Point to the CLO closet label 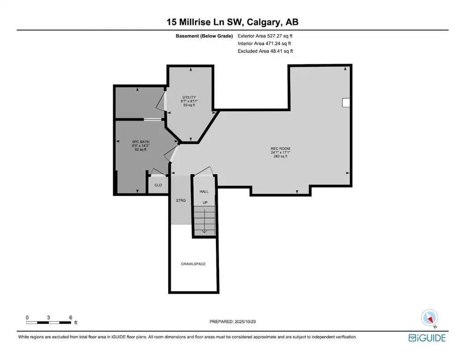158,185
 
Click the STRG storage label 181,200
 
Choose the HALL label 204,192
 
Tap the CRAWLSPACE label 193,264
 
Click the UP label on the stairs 205,202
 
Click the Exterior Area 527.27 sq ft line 265,36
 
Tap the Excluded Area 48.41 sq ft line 265,51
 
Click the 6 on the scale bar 70,317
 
